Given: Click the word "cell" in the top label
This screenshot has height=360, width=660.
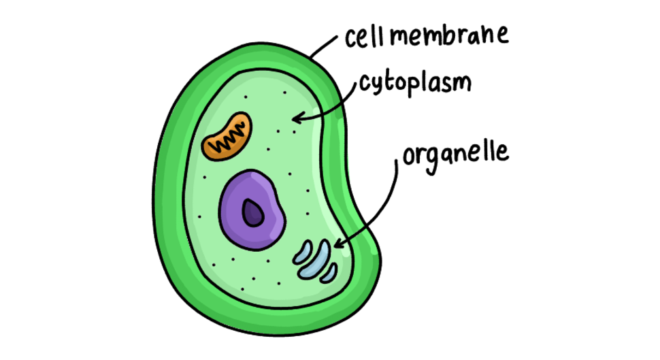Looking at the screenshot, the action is (x=365, y=37).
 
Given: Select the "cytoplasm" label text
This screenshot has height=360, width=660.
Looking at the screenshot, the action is (x=415, y=84).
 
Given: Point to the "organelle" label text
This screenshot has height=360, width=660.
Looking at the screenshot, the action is (x=456, y=157).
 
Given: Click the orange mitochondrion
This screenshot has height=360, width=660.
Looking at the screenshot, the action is (x=227, y=136).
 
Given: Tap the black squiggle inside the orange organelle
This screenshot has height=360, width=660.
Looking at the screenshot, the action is (x=228, y=137).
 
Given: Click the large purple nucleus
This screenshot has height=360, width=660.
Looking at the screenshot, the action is (x=252, y=210).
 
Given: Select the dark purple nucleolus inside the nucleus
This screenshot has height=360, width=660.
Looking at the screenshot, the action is (x=252, y=212).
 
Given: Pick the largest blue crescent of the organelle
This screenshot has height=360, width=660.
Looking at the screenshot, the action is (x=315, y=261).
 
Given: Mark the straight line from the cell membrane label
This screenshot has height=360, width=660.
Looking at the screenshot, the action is (x=324, y=47).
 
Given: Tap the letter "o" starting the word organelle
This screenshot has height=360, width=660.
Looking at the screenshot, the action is (x=409, y=156).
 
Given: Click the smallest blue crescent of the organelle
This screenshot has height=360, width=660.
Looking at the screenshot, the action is (x=329, y=274).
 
